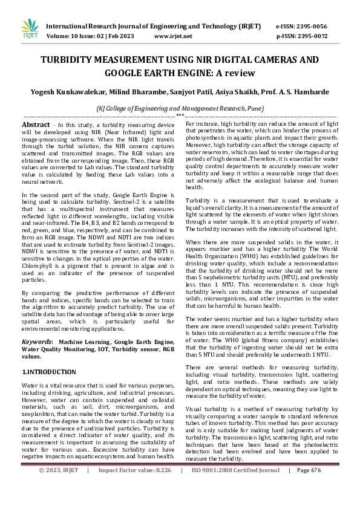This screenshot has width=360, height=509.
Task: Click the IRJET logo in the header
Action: pos(30,29)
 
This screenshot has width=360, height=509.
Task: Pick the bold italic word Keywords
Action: pos(36,342)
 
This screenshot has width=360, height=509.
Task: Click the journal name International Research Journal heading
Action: pos(155,27)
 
